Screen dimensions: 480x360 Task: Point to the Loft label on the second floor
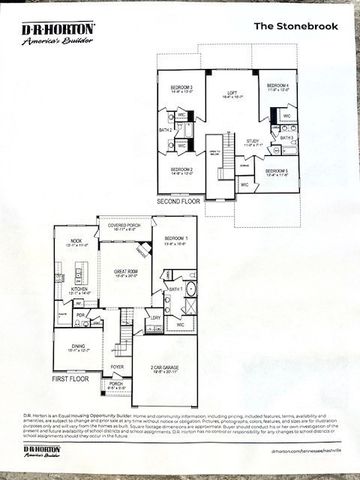click(230, 93)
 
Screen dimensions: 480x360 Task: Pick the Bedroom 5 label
click(277, 172)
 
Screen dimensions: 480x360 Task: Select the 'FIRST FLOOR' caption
click(71, 381)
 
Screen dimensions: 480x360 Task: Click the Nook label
click(77, 241)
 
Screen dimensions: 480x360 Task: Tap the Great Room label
click(126, 271)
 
